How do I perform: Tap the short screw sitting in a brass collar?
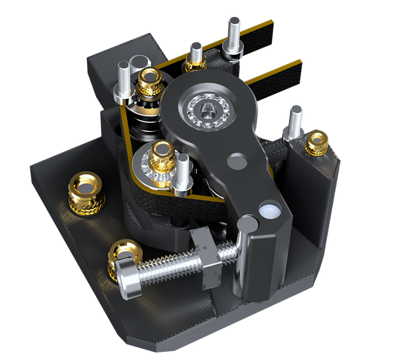coord(196,54)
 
